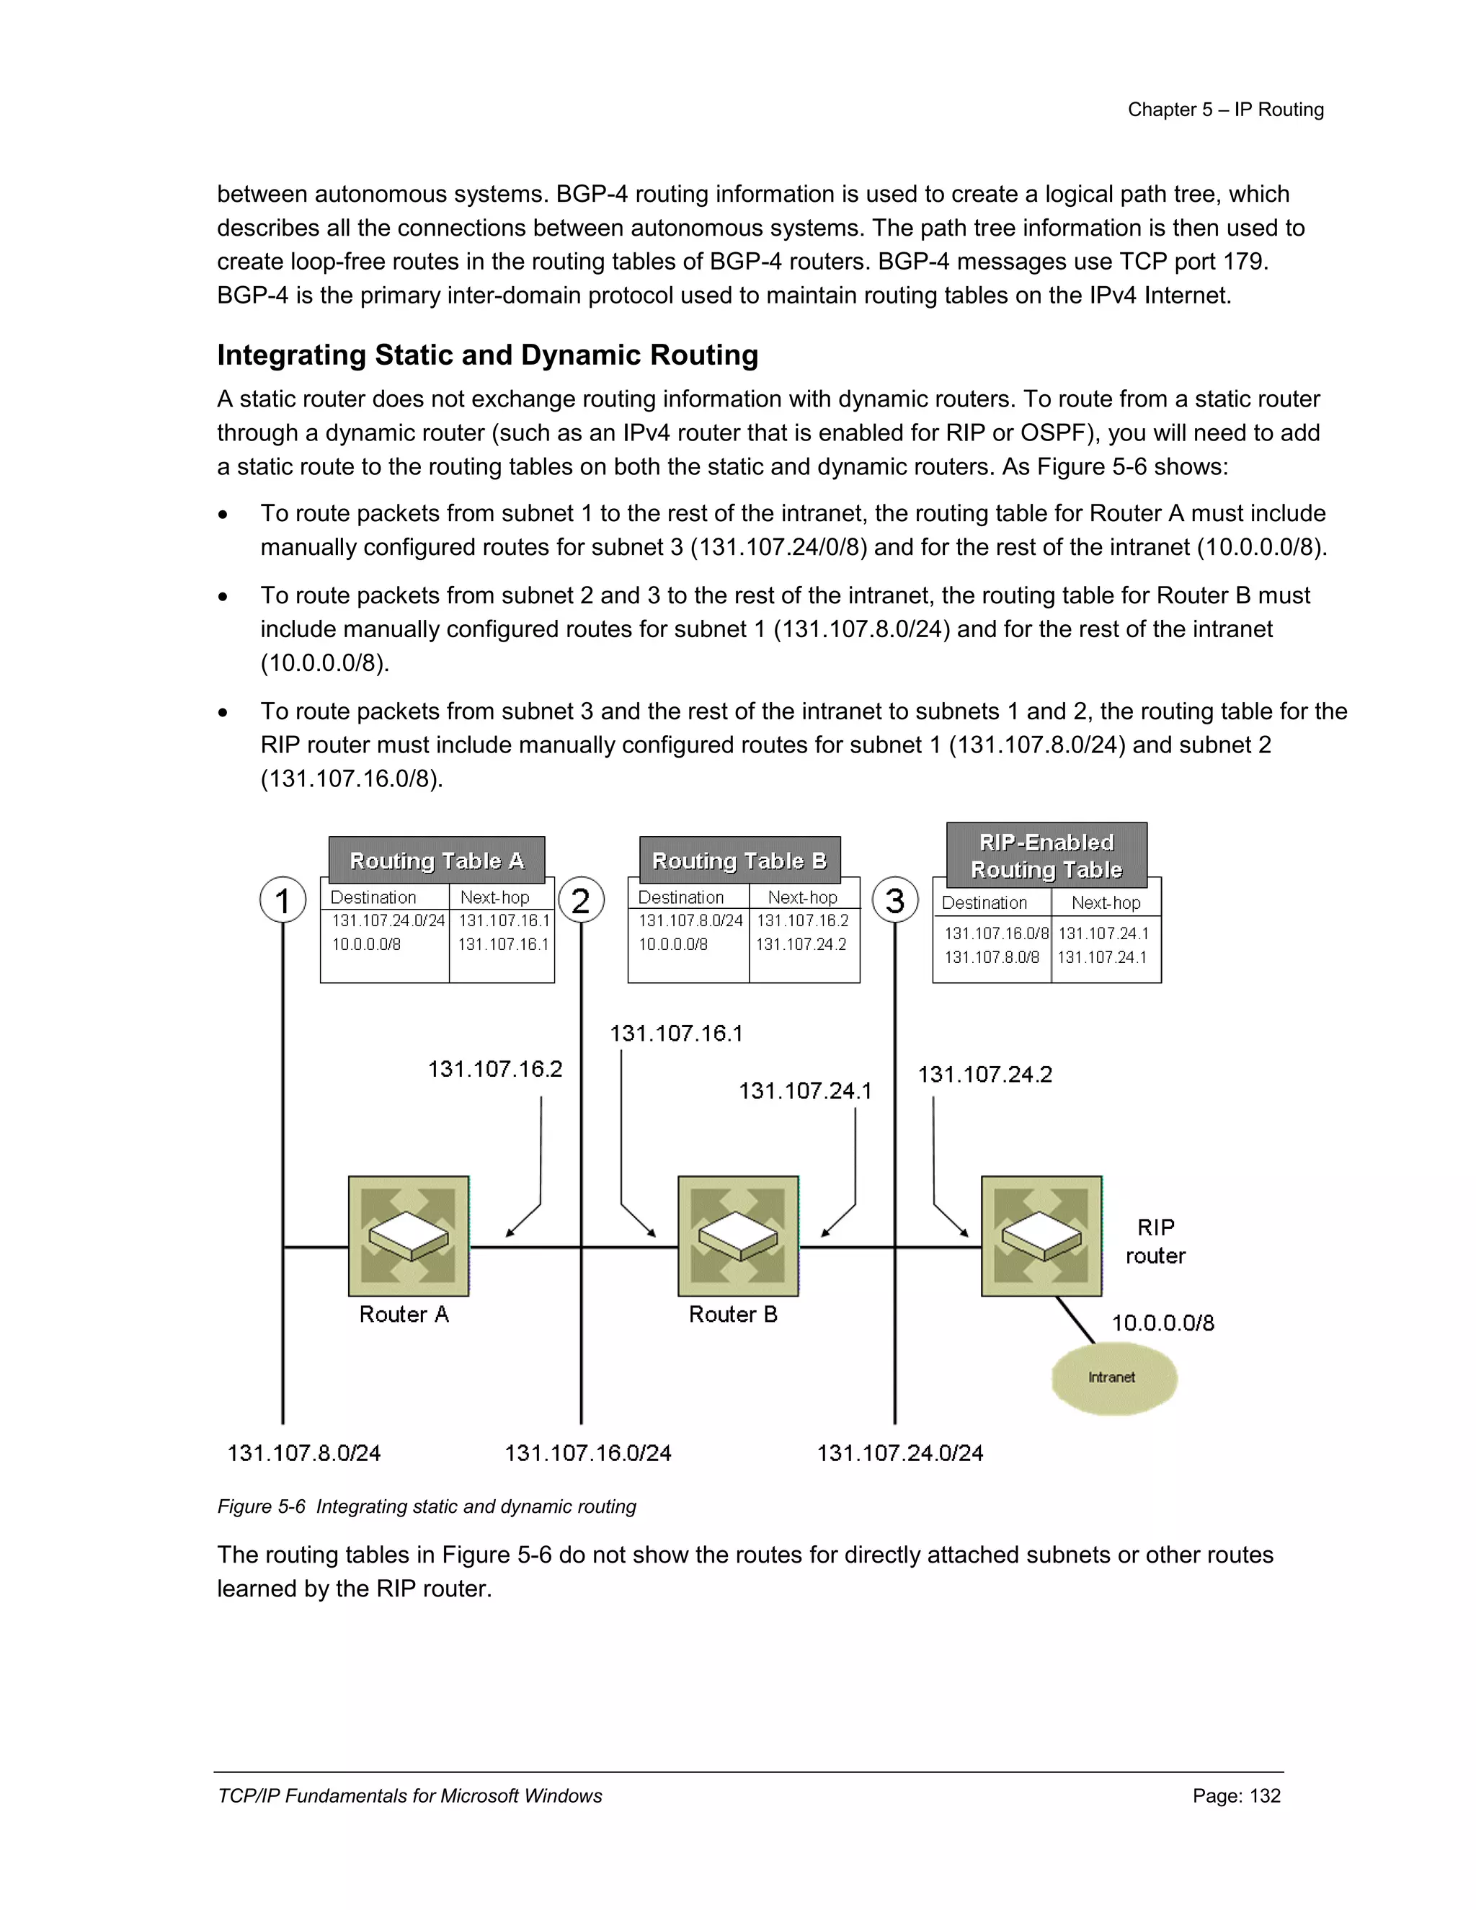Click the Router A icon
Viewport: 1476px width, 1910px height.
(x=409, y=1235)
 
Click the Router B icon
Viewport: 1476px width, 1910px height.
(x=738, y=1235)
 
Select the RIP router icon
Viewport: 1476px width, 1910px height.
(x=1041, y=1235)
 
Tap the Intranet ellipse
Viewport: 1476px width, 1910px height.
(x=1113, y=1377)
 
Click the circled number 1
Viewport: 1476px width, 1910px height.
(x=283, y=900)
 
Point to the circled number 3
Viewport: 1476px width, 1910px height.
(x=894, y=900)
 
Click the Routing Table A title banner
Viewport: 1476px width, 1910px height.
(x=436, y=861)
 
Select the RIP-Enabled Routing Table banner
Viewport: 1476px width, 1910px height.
(x=1046, y=856)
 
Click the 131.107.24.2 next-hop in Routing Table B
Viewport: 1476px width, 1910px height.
(x=801, y=944)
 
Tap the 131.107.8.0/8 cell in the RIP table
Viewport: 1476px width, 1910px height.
(x=992, y=956)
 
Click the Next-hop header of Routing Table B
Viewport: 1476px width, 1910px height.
(x=802, y=897)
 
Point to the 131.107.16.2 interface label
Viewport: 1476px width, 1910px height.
(x=495, y=1069)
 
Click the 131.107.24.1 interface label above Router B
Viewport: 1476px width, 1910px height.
(x=804, y=1091)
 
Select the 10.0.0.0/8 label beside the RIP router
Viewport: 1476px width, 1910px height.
(x=1162, y=1323)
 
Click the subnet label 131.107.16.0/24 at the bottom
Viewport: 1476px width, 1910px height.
(x=587, y=1452)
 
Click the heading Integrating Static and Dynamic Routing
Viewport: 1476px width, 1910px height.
(x=487, y=355)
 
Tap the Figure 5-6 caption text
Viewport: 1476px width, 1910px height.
(x=427, y=1506)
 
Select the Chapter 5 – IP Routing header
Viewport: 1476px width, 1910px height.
(x=1225, y=110)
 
